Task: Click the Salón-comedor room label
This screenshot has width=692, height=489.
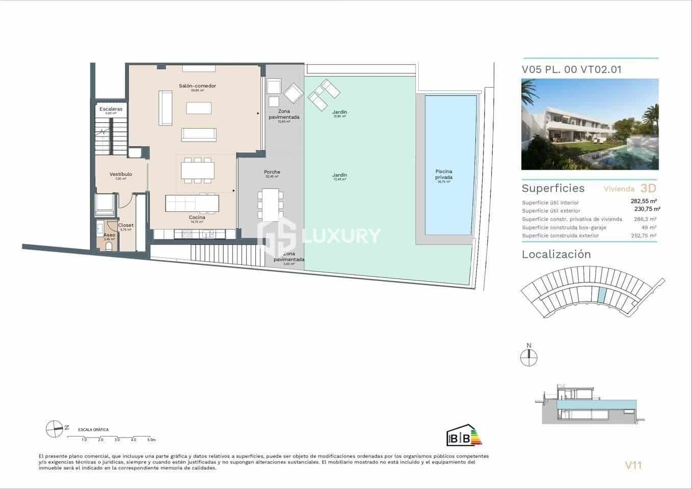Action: tap(197, 86)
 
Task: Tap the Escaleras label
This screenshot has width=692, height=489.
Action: tap(111, 109)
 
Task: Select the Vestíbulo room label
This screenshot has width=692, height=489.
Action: tap(121, 174)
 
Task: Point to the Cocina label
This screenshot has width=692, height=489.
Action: tap(197, 218)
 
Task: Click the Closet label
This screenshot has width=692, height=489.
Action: tap(126, 225)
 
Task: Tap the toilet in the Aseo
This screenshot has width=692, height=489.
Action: tap(109, 247)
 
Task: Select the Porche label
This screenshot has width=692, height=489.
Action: tap(272, 172)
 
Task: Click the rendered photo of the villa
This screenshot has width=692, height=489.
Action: tap(590, 124)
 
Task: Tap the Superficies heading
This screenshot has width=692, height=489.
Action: tap(553, 188)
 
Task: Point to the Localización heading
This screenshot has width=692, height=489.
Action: tap(556, 255)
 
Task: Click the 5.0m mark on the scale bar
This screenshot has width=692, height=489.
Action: tap(151, 439)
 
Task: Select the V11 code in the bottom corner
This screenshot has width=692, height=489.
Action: tap(633, 465)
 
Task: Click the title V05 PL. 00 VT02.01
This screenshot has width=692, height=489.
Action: tap(571, 70)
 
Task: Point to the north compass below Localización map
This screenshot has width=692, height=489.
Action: tap(529, 358)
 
